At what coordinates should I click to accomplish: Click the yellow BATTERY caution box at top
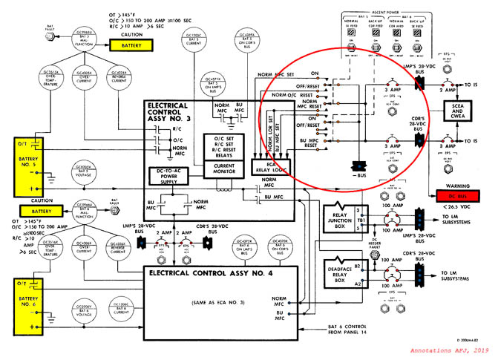pos(131,45)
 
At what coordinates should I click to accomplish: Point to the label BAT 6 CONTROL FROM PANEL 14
pos(348,330)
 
